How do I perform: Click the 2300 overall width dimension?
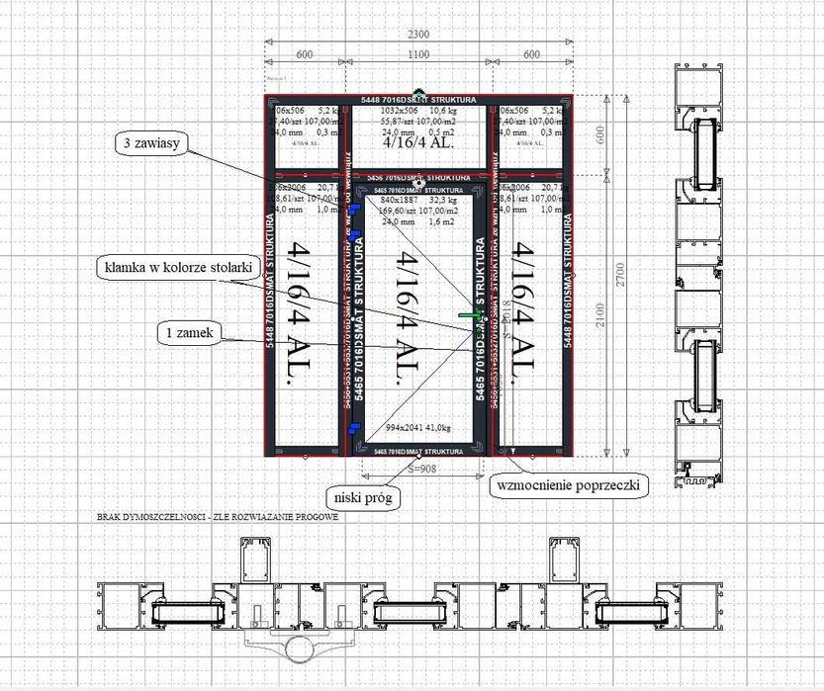point(417,34)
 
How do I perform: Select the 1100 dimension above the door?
point(417,53)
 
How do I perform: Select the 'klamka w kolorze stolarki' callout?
point(165,266)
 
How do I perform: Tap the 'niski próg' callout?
point(362,497)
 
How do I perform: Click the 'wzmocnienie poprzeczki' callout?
point(568,486)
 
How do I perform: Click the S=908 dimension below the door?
point(419,470)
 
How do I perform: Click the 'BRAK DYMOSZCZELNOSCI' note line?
point(218,517)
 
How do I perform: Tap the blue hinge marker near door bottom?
point(353,428)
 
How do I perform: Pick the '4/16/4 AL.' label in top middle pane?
point(417,142)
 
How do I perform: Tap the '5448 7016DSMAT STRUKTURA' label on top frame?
point(419,99)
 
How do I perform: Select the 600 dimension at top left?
point(304,53)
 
